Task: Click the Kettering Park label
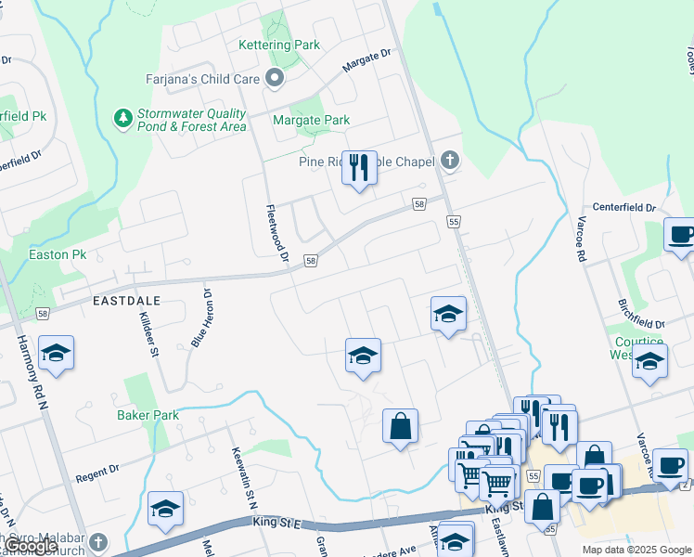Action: coord(279,45)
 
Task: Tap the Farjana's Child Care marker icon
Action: coord(274,79)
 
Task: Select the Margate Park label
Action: coord(311,120)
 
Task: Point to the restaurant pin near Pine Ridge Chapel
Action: coord(359,168)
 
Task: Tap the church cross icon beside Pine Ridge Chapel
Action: coord(449,161)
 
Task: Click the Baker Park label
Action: coord(148,415)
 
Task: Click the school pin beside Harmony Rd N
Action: coord(56,354)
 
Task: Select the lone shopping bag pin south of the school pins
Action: coord(400,427)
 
